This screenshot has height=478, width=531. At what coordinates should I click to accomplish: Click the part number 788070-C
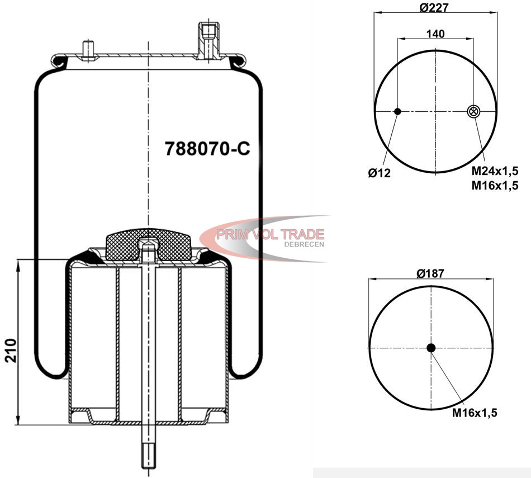coord(207,148)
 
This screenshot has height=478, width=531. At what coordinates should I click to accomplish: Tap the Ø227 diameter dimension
coord(434,7)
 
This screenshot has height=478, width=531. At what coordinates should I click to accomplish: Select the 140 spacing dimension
coord(435,34)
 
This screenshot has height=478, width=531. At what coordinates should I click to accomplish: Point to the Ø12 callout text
coord(380,173)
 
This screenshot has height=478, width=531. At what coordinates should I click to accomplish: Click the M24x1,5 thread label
coord(495,171)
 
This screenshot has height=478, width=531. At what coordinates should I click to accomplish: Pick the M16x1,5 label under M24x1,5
coord(495,185)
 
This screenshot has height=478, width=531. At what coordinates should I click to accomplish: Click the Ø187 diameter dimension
coord(430,273)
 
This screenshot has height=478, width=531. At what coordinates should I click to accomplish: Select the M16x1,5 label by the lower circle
coord(475,413)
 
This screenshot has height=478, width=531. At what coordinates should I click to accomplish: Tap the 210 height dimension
coord(11,351)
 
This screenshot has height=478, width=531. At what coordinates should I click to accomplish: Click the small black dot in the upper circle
coord(397,111)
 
